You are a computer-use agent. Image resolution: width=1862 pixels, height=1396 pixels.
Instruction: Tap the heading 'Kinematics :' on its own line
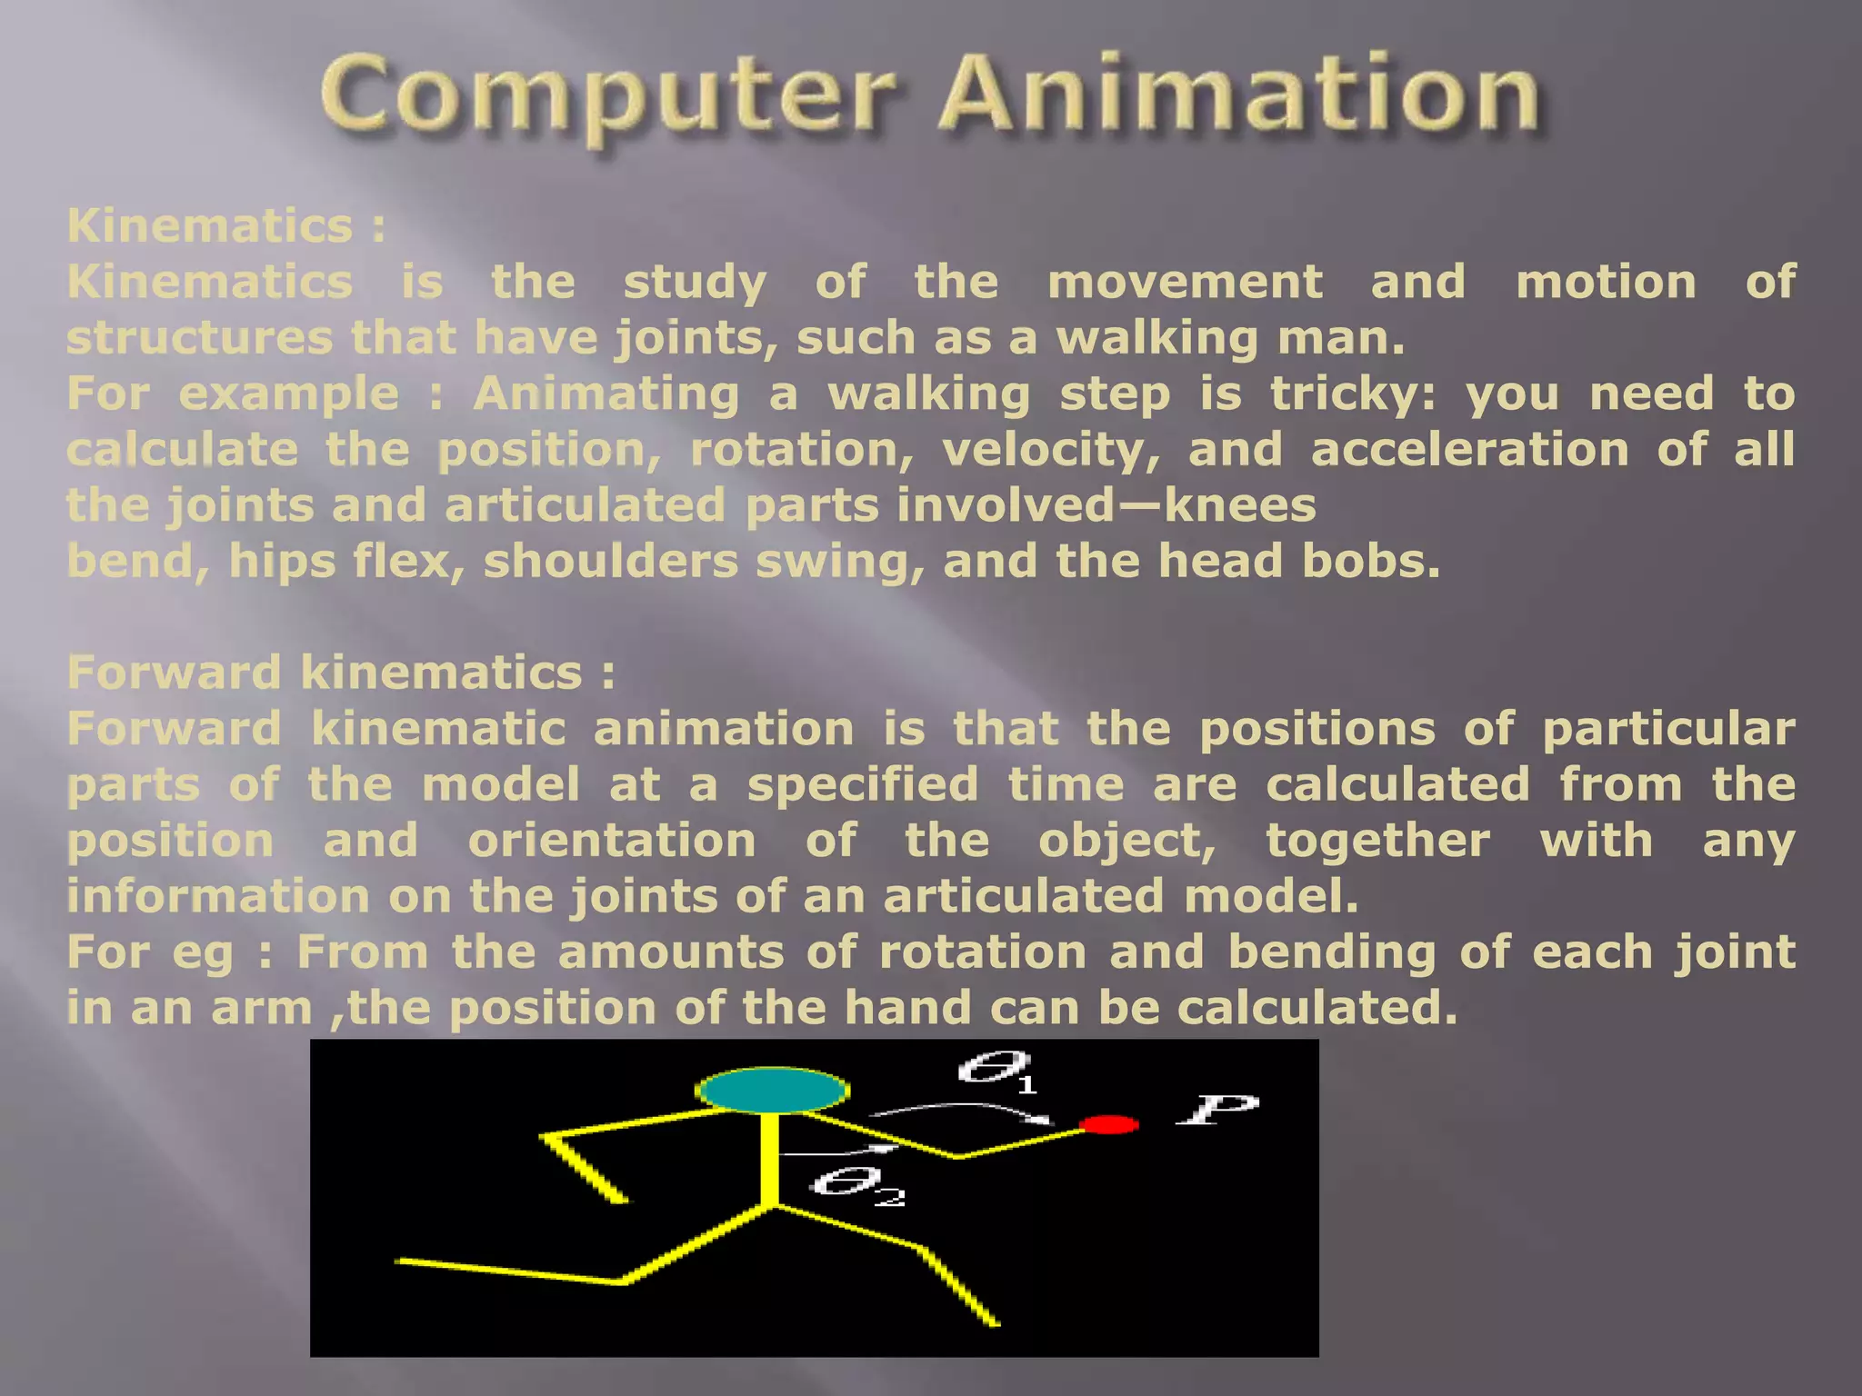225,225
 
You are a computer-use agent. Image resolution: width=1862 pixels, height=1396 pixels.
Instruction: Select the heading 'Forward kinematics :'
341,673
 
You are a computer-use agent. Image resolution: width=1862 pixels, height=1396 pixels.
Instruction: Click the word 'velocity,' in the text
1051,451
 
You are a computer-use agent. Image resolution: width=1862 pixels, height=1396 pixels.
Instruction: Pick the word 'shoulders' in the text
611,561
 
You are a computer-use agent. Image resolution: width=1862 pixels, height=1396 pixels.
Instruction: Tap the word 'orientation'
612,840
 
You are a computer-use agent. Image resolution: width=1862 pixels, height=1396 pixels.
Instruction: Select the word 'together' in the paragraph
1377,840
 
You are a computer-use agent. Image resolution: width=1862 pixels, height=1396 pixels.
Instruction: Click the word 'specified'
863,785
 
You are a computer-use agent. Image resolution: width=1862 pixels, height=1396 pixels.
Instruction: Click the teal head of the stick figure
772,1090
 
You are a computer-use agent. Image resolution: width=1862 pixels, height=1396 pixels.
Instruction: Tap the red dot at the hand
1108,1125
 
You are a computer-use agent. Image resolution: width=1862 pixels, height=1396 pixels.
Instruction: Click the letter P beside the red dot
1216,1110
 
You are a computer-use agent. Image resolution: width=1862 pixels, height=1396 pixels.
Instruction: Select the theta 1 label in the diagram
996,1070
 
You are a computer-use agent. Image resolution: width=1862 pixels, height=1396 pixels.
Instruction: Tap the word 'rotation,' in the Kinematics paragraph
802,451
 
